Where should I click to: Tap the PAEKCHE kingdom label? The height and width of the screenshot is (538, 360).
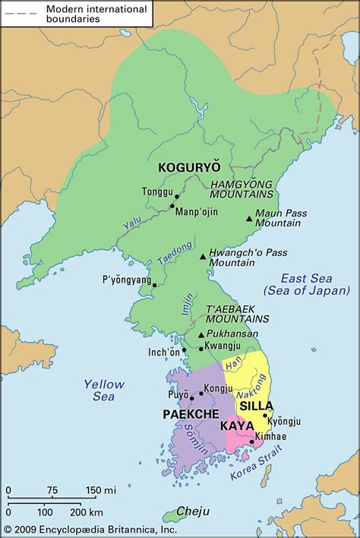(x=191, y=413)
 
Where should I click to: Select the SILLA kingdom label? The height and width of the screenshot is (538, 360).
(x=256, y=406)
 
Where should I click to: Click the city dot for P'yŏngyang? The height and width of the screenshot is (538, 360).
(x=154, y=286)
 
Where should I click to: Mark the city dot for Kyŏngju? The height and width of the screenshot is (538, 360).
(x=265, y=415)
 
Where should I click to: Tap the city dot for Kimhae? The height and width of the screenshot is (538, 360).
(x=252, y=441)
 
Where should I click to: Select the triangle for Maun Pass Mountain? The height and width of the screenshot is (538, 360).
(x=248, y=220)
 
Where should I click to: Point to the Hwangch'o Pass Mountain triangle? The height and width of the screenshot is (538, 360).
(x=202, y=257)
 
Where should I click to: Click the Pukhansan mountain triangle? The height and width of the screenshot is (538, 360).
(x=201, y=334)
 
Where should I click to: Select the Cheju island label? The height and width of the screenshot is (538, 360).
(x=195, y=511)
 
